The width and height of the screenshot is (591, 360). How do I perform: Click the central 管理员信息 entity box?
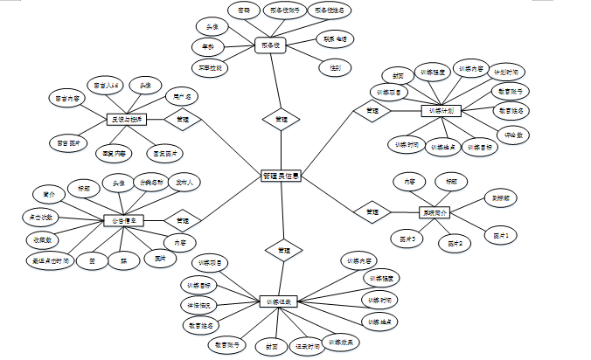pyautogui.click(x=281, y=176)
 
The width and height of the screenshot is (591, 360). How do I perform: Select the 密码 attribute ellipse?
pyautogui.click(x=242, y=10)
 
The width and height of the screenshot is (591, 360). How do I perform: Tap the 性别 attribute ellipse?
pyautogui.click(x=335, y=66)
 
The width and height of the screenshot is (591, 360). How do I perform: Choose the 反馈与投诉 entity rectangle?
pyautogui.click(x=124, y=118)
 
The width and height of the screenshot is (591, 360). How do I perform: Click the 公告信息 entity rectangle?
pyautogui.click(x=123, y=220)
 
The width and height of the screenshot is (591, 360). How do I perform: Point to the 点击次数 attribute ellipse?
pyautogui.click(x=38, y=216)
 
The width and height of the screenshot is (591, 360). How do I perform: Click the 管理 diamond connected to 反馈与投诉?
pyautogui.click(x=182, y=119)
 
